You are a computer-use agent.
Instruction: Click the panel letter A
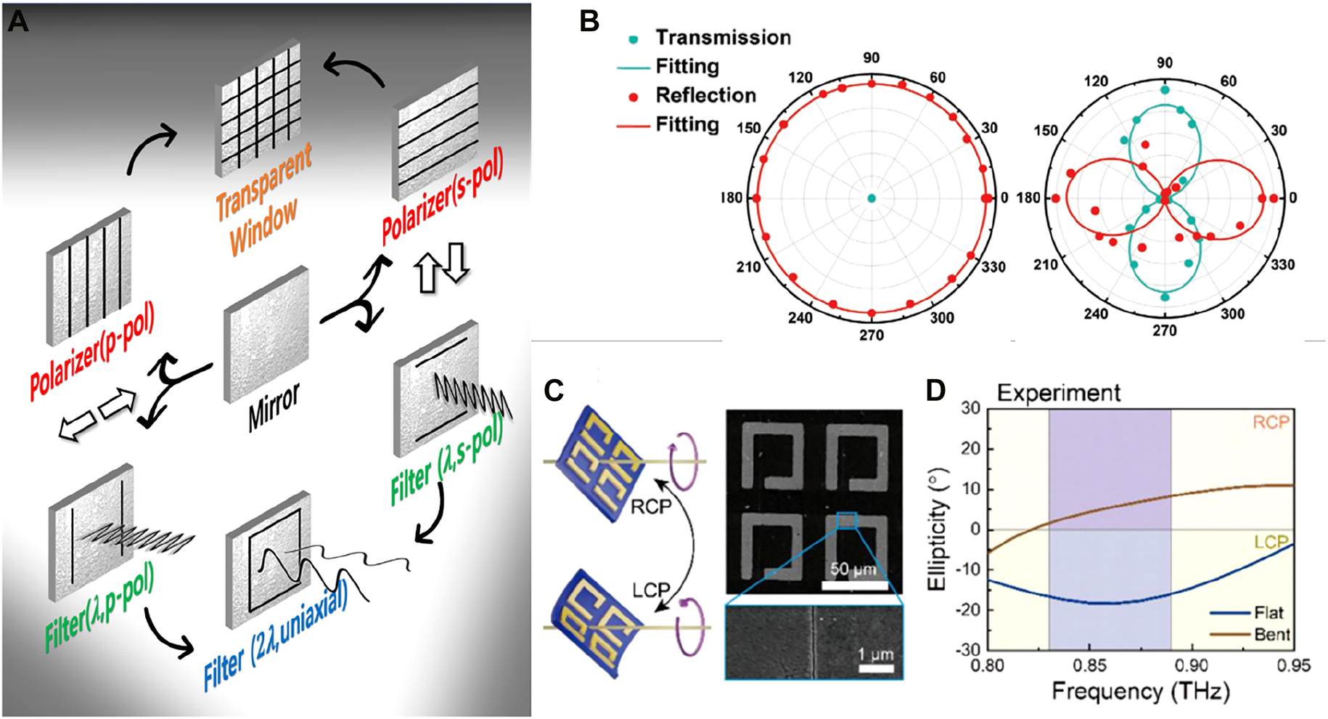pos(17,22)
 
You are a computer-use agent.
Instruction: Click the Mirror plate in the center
pos(266,335)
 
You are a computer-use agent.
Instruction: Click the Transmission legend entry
pos(722,38)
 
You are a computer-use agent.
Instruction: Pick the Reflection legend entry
pos(705,96)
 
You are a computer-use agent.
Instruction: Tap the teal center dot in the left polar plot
pos(872,198)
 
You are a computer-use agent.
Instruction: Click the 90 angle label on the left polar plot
pos(872,58)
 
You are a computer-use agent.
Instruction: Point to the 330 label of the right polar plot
pos(1282,265)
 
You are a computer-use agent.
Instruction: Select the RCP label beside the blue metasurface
pos(650,506)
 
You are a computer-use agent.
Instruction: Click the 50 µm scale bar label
pos(853,569)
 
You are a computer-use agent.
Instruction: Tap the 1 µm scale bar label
pos(875,654)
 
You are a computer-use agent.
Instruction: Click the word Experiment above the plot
pos(1058,393)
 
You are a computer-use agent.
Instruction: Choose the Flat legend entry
pos(1268,612)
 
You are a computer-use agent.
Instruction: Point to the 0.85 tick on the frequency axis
pos(1089,665)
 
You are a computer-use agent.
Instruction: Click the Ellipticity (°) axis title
pos(937,529)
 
